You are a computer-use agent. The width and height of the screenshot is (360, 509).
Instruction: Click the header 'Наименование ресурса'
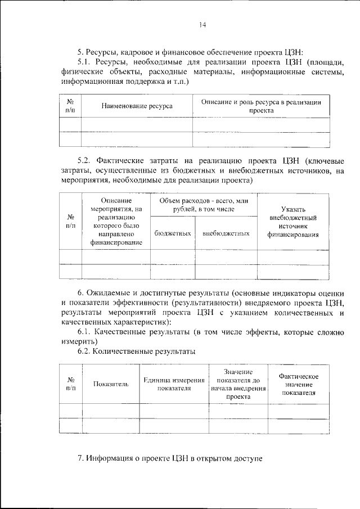[137, 106]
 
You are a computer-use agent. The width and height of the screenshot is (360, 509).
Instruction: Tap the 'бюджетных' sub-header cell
[172, 233]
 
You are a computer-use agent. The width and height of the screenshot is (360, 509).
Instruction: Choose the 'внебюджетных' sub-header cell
[226, 233]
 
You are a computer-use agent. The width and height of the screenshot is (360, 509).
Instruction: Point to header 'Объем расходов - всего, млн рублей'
[204, 205]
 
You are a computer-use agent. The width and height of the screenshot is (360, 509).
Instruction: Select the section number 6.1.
[85, 332]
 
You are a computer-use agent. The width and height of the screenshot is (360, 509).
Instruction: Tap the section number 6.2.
[85, 352]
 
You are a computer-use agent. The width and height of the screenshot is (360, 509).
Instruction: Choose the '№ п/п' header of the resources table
[70, 106]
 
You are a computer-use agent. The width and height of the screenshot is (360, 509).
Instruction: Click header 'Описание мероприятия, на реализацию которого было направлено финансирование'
[116, 222]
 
